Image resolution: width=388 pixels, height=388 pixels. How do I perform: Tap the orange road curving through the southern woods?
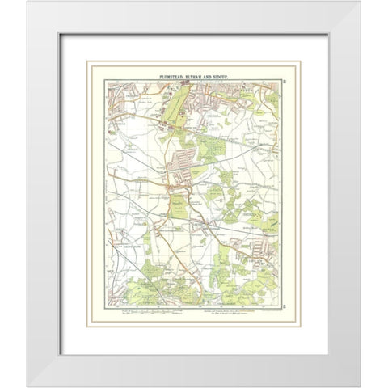coord(194,279)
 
